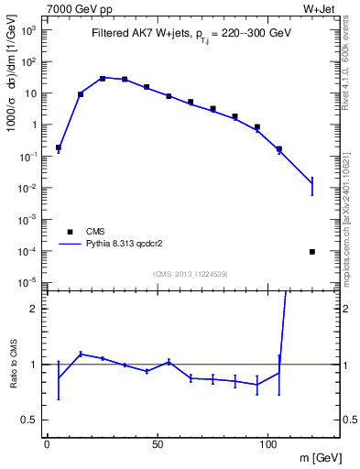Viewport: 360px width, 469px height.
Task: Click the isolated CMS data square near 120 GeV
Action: click(312, 251)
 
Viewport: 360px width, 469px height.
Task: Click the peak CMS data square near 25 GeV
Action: click(103, 78)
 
